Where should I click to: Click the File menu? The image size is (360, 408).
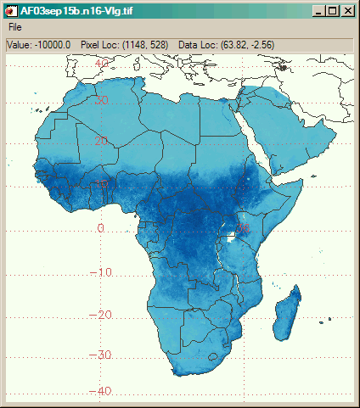tap(15, 26)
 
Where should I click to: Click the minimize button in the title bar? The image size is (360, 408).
tap(318, 10)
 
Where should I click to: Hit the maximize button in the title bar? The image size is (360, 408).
tap(332, 10)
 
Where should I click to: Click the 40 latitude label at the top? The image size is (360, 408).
tap(102, 62)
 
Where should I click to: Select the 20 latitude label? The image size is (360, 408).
tap(102, 141)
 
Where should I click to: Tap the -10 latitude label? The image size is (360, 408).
tap(104, 271)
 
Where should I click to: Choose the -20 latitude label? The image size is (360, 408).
tap(104, 315)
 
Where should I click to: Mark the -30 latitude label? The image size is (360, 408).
tap(104, 354)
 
